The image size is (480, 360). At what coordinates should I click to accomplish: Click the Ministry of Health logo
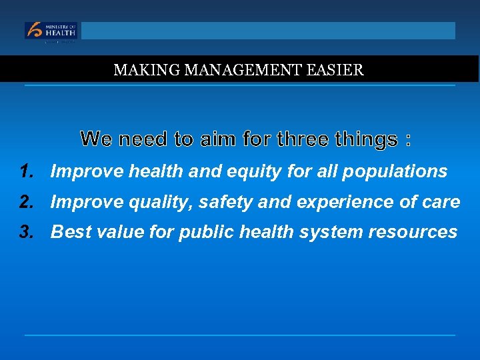pos(51,31)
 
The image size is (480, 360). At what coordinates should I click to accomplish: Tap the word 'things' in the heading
pos(366,139)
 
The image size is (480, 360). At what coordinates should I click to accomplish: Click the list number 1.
pos(27,171)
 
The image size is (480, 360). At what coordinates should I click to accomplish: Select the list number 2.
pos(27,201)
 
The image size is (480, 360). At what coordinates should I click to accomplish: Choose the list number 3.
pos(27,231)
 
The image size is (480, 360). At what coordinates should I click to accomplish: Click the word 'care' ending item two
pos(442,202)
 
